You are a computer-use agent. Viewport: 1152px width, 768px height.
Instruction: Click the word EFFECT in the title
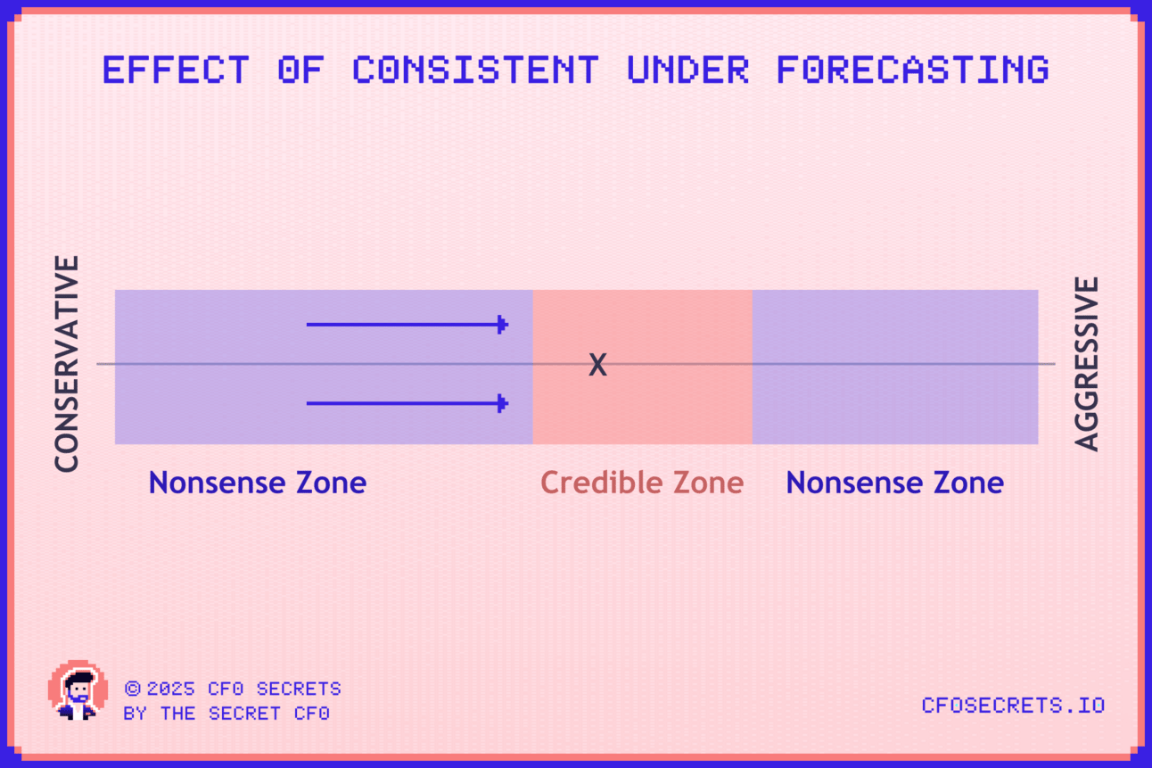pyautogui.click(x=176, y=70)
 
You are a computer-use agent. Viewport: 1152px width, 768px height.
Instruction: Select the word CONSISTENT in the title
pyautogui.click(x=476, y=70)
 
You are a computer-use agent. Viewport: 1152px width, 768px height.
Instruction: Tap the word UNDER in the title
pyautogui.click(x=688, y=70)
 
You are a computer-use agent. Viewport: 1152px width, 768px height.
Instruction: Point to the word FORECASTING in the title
pyautogui.click(x=913, y=70)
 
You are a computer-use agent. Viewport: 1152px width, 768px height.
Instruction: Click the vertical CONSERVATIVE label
pyautogui.click(x=67, y=364)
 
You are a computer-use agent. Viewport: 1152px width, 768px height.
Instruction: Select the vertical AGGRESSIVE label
pyautogui.click(x=1086, y=364)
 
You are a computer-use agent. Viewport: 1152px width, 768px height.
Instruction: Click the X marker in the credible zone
pyautogui.click(x=597, y=365)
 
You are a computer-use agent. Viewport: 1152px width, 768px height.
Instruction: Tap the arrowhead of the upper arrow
pyautogui.click(x=503, y=325)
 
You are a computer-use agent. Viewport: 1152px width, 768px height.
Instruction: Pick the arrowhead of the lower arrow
pyautogui.click(x=503, y=403)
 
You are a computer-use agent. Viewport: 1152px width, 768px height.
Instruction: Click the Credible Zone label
pyautogui.click(x=642, y=483)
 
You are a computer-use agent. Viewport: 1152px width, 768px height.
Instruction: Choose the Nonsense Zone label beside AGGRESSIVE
pyautogui.click(x=895, y=483)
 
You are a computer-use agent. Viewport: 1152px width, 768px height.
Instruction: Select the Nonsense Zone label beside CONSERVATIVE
pyautogui.click(x=258, y=483)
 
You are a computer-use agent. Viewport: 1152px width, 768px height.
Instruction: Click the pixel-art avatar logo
pyautogui.click(x=78, y=690)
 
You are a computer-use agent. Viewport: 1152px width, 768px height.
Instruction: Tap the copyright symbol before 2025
pyautogui.click(x=133, y=689)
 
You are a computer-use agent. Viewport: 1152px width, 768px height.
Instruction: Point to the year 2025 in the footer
pyautogui.click(x=171, y=689)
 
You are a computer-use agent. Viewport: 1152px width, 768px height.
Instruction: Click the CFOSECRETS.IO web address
pyautogui.click(x=1013, y=706)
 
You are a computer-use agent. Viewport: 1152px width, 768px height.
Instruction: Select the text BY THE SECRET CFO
pyautogui.click(x=226, y=714)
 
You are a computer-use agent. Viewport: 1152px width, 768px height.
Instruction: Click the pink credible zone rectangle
pyautogui.click(x=642, y=411)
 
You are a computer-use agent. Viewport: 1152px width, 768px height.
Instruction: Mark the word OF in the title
pyautogui.click(x=300, y=70)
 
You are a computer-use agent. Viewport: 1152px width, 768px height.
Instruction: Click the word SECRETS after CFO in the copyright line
pyautogui.click(x=299, y=689)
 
